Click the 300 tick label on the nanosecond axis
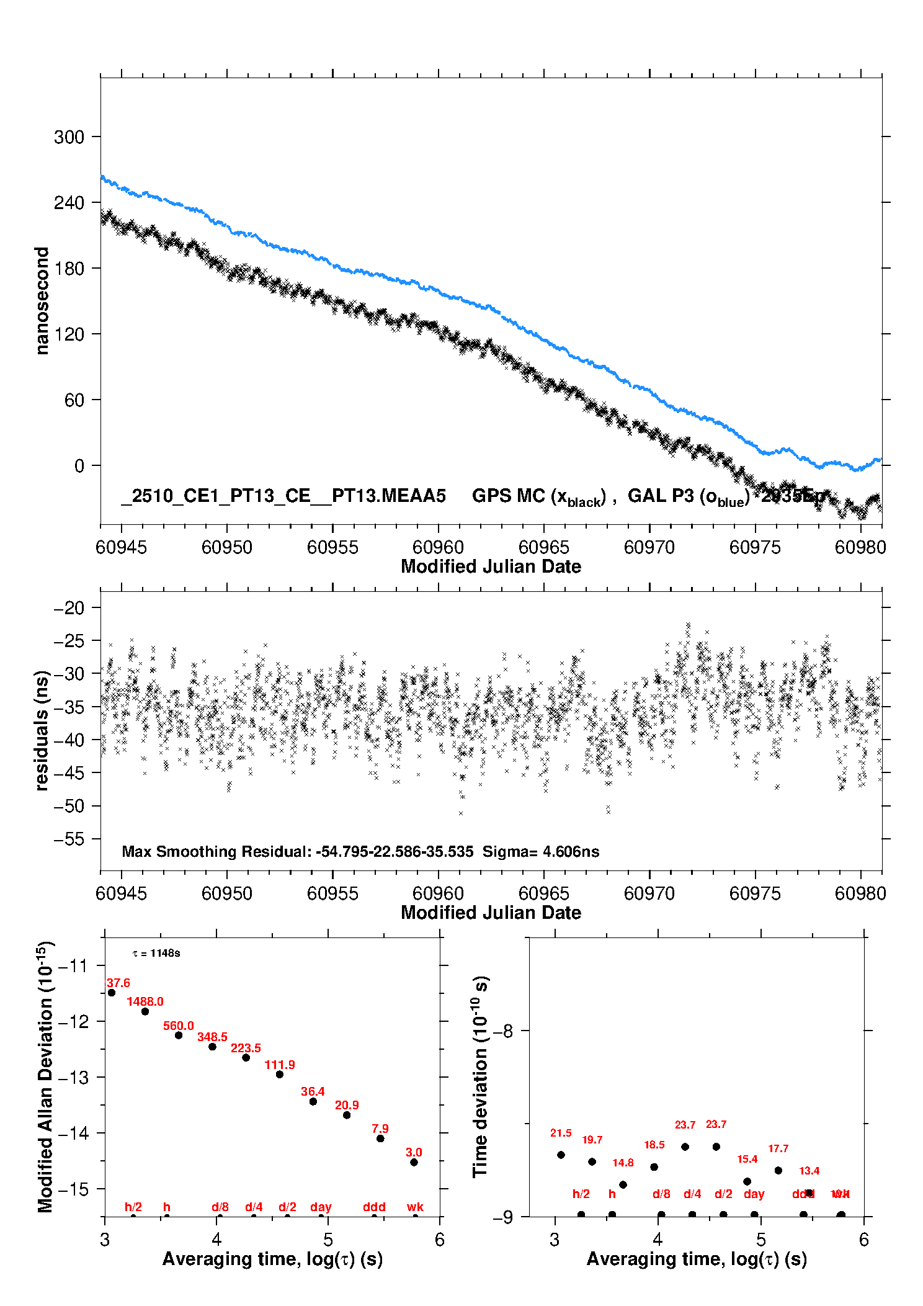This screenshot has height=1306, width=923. coord(69,137)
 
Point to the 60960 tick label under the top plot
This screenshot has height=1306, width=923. coord(438,547)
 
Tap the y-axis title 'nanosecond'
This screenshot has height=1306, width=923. coord(42,301)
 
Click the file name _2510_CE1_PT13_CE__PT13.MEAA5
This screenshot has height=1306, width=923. coord(283,496)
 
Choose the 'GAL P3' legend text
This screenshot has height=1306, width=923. coord(661,496)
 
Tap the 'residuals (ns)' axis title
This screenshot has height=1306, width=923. coord(42,731)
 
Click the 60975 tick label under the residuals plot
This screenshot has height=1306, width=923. coord(755,893)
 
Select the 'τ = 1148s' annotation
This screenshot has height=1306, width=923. coord(156,953)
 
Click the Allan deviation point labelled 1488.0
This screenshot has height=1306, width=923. coord(145,1011)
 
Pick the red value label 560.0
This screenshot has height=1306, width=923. coord(179,1026)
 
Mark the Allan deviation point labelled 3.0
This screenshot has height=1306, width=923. coord(414,1162)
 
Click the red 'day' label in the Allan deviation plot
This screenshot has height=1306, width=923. coord(321,1207)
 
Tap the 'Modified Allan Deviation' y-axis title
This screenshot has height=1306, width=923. coord(46,1077)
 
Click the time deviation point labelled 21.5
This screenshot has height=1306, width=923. coord(561,1155)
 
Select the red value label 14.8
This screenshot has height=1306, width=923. coord(623,1163)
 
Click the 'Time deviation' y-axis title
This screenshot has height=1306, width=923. coord(480,1077)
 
